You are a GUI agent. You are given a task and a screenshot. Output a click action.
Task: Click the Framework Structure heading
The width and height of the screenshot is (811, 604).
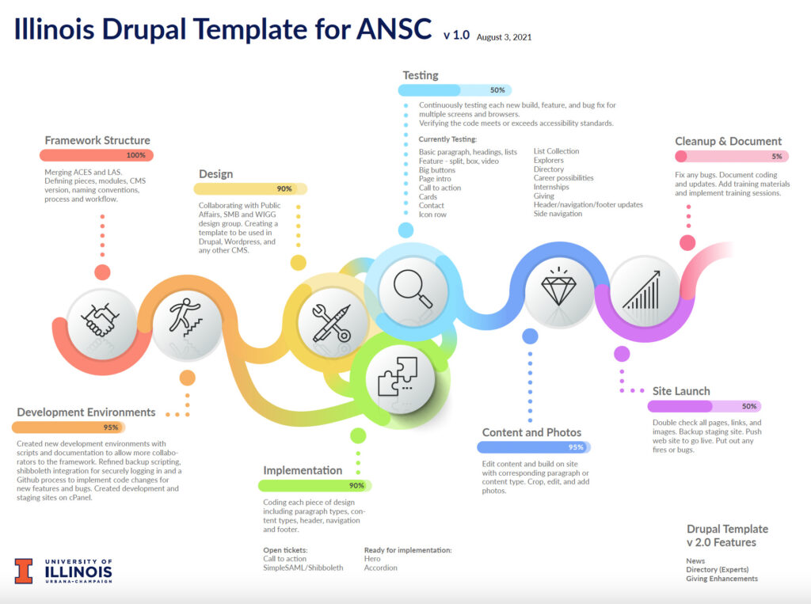tap(97, 140)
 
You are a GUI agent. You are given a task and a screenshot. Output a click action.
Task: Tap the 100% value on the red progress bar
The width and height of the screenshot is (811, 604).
tap(135, 155)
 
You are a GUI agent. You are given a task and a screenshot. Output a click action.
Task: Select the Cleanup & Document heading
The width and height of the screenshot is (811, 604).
tap(728, 141)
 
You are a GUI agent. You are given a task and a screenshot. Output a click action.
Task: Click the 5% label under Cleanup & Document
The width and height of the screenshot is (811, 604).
tap(776, 156)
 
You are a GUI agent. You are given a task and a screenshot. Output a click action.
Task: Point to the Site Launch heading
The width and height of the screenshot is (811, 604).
tap(681, 391)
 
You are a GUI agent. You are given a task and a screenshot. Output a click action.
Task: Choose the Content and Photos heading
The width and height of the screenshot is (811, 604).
tap(531, 432)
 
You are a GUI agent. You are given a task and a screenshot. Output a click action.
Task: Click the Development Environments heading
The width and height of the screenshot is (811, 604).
tap(86, 412)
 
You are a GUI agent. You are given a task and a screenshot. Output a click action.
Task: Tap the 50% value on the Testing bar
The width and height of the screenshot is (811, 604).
tap(497, 90)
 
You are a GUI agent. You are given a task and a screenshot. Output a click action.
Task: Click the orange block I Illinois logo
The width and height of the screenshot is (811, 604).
tap(24, 571)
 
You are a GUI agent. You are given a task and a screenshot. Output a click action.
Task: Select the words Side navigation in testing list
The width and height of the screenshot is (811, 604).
tap(558, 214)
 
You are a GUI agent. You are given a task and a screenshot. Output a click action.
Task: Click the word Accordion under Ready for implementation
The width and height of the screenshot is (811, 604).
tap(381, 568)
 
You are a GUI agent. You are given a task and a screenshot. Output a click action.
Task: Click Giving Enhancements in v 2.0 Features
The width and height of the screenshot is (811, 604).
tap(722, 579)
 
